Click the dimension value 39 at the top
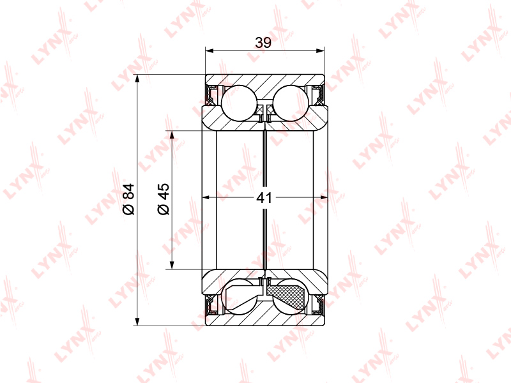[263, 42]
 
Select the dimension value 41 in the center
[264, 198]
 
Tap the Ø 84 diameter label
[129, 199]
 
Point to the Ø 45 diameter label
[164, 199]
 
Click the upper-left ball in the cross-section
[239, 103]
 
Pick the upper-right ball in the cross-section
[291, 103]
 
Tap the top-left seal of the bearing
[213, 94]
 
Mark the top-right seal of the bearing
[316, 94]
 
